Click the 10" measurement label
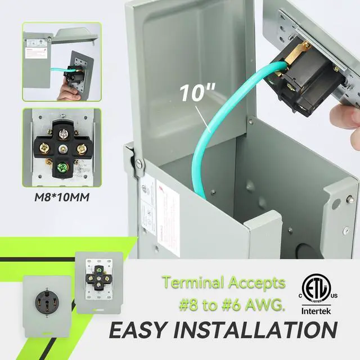tap(192, 92)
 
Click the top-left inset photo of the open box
tap(61, 61)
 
